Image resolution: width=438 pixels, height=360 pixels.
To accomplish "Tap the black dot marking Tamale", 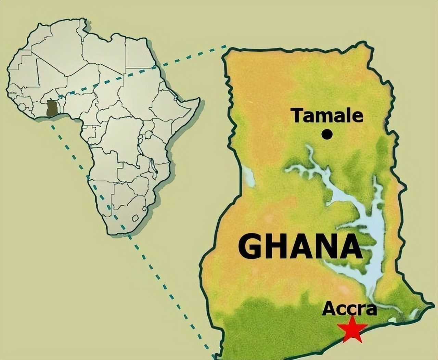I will [x=327, y=134].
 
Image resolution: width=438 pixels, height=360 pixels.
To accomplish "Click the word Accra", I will [x=349, y=309].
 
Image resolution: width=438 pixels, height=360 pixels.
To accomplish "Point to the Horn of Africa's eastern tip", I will [x=198, y=100].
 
